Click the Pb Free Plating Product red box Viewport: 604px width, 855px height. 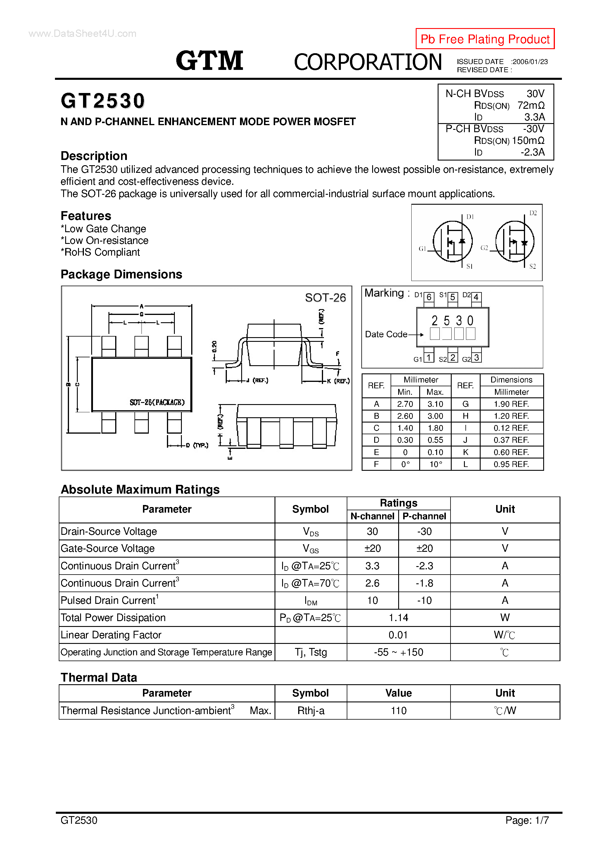(x=484, y=39)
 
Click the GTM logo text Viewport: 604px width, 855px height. (x=209, y=61)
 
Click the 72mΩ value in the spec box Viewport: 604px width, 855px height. (x=531, y=105)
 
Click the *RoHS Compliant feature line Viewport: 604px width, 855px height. (x=100, y=252)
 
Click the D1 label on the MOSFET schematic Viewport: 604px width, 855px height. (x=470, y=217)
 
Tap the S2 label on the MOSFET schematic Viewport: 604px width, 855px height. (x=532, y=266)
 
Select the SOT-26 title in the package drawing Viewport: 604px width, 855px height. (x=325, y=298)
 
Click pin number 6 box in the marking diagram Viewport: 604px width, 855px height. (x=429, y=297)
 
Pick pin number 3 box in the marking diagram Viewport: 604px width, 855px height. (x=476, y=358)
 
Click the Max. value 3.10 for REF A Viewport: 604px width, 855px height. (x=435, y=404)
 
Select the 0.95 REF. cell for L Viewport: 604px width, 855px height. (x=511, y=464)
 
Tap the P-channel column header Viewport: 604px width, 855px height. (x=424, y=516)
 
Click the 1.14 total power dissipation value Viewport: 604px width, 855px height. (x=398, y=618)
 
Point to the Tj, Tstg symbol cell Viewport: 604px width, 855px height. (x=310, y=652)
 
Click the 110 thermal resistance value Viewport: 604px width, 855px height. (x=398, y=711)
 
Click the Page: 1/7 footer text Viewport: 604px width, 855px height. (x=527, y=820)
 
